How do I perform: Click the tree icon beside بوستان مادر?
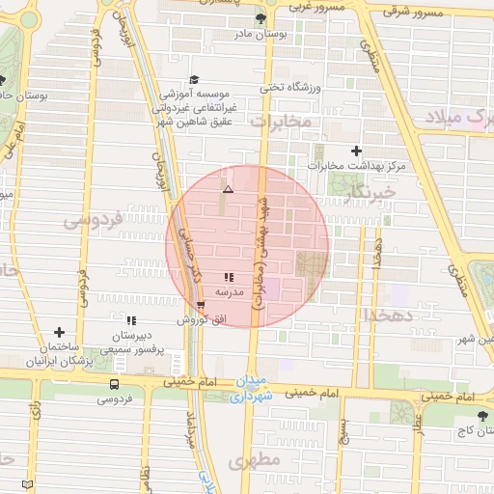point(260,18)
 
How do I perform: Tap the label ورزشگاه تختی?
point(281,88)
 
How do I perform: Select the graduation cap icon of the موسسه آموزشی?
point(193,79)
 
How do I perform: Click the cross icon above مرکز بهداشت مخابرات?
point(357,151)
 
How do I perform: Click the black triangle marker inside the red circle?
point(228,190)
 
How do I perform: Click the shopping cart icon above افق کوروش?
point(201,305)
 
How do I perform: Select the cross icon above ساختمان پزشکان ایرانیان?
point(60,332)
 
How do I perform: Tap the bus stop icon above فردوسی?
point(115,384)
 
